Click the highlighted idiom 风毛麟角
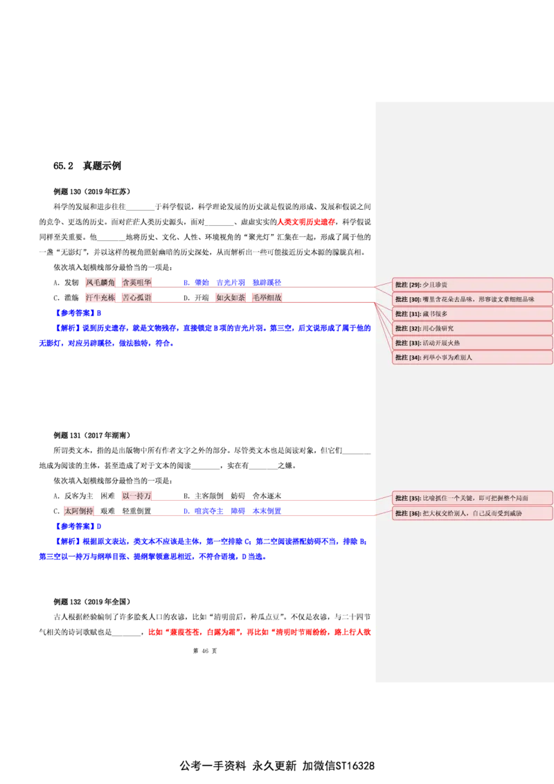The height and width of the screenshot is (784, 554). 100,283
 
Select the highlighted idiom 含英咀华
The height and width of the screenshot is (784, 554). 136,283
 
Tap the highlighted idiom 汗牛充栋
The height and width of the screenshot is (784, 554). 100,298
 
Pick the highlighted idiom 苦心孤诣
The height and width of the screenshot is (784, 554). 136,298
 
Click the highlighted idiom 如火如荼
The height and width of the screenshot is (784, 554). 231,298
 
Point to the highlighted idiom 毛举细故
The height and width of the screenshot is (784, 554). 267,298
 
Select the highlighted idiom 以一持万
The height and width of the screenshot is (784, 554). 136,496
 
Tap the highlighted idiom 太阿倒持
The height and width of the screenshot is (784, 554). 78,511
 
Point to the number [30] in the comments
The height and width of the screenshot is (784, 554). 415,299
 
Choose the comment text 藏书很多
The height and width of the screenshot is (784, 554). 435,314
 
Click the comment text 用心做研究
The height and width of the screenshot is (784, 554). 438,328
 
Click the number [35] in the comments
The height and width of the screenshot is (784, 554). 415,498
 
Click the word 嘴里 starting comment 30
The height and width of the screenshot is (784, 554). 429,299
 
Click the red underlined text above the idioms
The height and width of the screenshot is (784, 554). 306,222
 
